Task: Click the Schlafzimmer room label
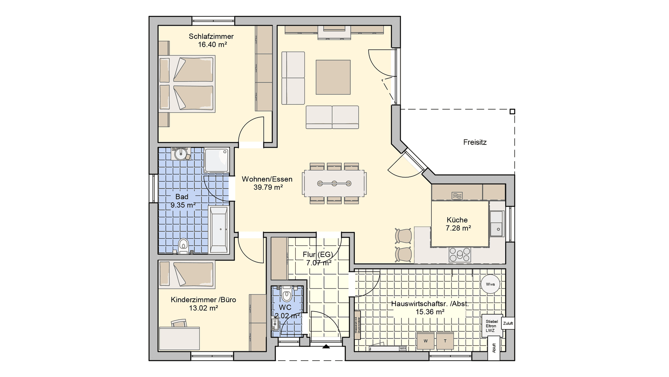pos(211,36)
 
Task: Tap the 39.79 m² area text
pos(268,187)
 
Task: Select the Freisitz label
pos(475,142)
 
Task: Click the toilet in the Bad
pos(183,247)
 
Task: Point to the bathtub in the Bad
pos(219,230)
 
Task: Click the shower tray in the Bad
pos(217,160)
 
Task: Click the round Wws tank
pos(490,284)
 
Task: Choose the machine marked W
pos(426,341)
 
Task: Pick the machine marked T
pos(445,341)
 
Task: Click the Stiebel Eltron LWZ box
pos(492,326)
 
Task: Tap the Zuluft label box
pos(508,323)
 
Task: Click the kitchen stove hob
pos(460,255)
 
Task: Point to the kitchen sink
pos(497,224)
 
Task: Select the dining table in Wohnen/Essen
pos(334,183)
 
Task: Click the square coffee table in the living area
pos(333,77)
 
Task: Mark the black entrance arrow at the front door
pos(326,345)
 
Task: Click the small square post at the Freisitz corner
pos(512,112)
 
